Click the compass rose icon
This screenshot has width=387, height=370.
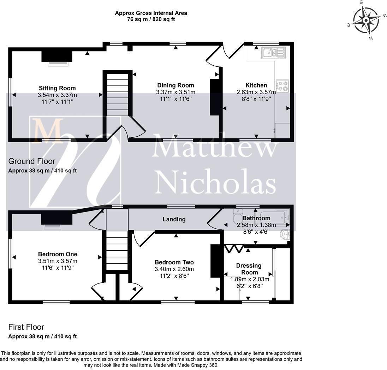pos(366,20)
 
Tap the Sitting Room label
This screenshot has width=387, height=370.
pos(57,88)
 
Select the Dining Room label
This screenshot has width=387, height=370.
pos(175,85)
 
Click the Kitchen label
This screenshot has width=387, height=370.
pos(256,85)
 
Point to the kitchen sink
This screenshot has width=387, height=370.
pos(273,53)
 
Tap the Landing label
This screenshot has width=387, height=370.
pos(174,219)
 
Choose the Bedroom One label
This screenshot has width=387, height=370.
pos(58,254)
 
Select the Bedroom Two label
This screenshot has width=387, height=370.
pos(174,262)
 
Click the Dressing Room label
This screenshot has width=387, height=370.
pos(249,269)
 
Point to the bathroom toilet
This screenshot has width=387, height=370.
pos(237,217)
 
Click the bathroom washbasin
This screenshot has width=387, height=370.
pos(284,233)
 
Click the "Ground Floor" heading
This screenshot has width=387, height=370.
pos(32,161)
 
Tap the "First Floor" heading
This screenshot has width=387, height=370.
pos(26,327)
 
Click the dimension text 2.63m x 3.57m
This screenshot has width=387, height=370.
pos(256,92)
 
